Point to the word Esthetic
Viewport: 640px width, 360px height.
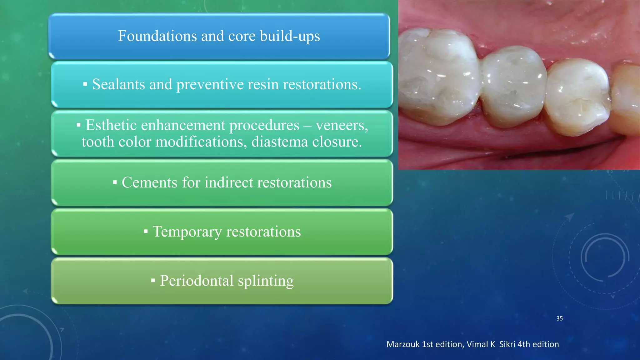(111, 125)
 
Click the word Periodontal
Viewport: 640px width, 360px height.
(197, 281)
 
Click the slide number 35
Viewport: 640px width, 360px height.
(559, 318)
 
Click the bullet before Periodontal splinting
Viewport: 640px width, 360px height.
(153, 281)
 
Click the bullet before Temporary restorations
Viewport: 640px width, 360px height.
(146, 232)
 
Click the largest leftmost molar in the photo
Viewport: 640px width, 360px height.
(437, 75)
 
